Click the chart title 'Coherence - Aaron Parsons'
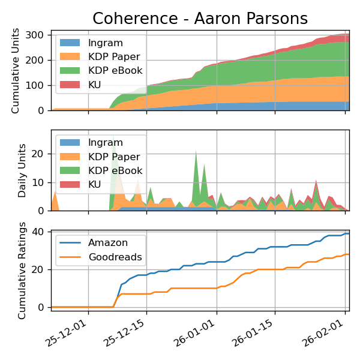[200, 19]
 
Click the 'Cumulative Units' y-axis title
[16, 70]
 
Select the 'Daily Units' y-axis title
[22, 170]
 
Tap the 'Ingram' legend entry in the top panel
[105, 43]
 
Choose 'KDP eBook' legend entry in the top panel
[115, 71]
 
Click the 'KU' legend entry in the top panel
[95, 85]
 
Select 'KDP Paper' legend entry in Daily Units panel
[113, 157]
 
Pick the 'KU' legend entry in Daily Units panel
[95, 184]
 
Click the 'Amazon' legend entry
[107, 243]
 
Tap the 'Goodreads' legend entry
[115, 257]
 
